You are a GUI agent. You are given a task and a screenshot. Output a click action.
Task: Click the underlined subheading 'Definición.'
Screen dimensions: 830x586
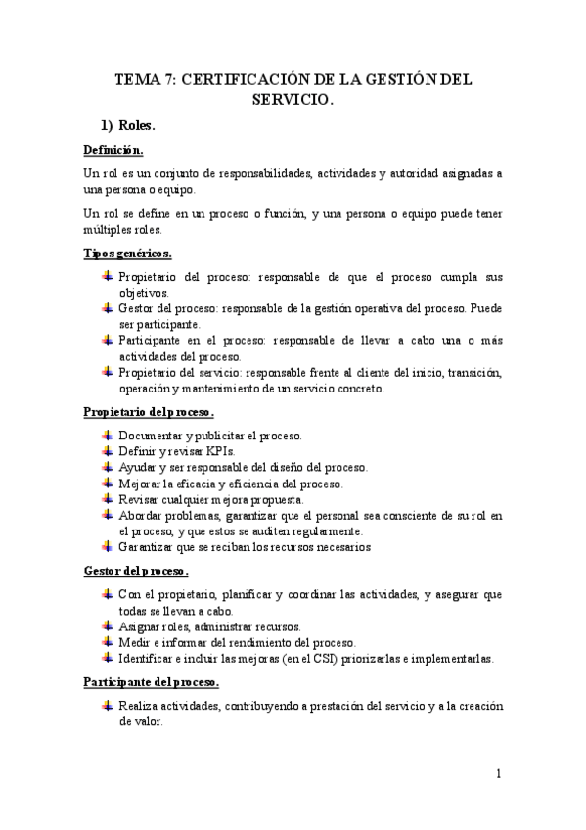113,150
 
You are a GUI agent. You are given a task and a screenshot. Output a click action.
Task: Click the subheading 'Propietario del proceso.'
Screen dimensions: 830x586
149,412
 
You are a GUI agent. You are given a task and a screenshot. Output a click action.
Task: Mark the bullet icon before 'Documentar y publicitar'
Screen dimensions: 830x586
107,435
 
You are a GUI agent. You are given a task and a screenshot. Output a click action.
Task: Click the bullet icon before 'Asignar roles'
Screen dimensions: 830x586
107,625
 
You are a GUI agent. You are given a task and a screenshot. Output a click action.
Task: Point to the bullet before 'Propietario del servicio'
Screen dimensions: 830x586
107,371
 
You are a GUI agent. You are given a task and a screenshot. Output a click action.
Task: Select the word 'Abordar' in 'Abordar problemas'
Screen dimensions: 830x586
142,515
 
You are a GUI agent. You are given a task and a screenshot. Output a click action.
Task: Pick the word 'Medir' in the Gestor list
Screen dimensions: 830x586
133,642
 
